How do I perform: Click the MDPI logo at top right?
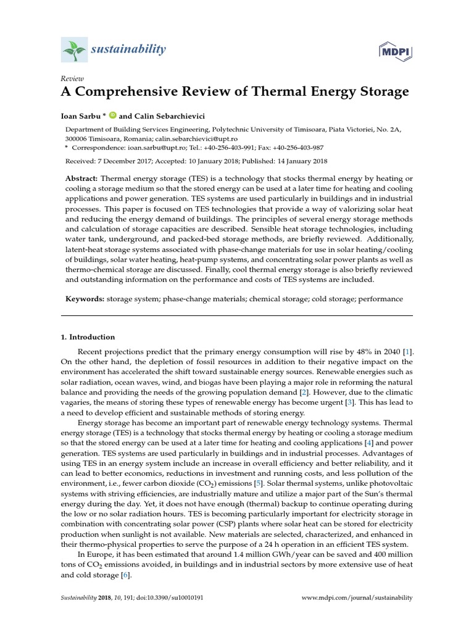[x=396, y=49]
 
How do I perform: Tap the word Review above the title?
[x=72, y=78]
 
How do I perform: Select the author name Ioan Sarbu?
[x=83, y=115]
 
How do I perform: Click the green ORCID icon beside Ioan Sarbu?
[x=112, y=115]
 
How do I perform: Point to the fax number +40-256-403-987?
[x=296, y=148]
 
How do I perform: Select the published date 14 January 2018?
[x=288, y=162]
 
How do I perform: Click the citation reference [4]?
[x=369, y=443]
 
